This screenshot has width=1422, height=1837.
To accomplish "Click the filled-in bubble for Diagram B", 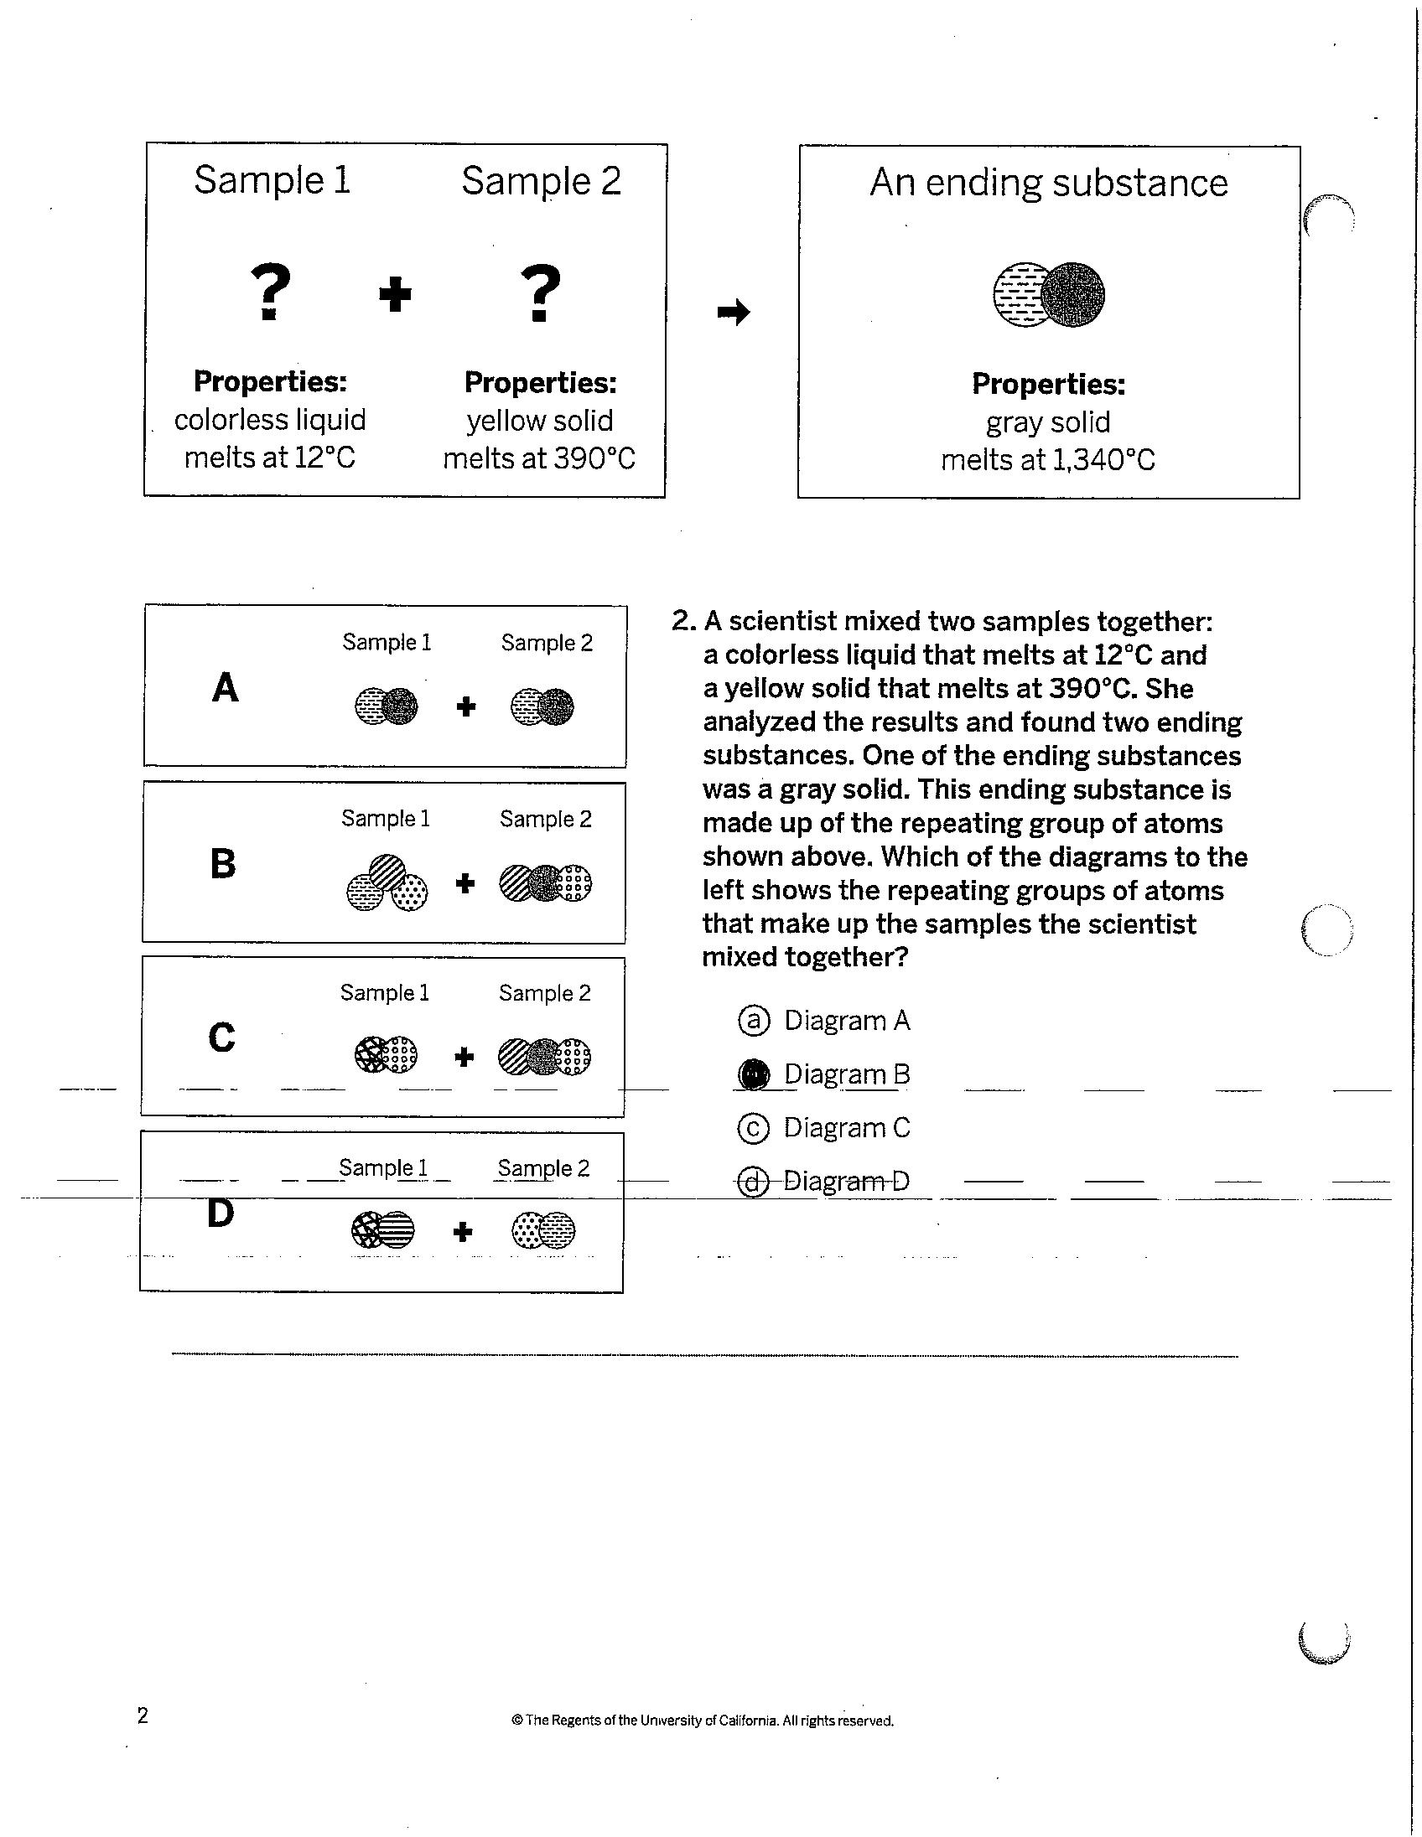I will [753, 1075].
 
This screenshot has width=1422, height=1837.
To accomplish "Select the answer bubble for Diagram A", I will [753, 1020].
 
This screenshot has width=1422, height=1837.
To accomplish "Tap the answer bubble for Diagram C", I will [753, 1128].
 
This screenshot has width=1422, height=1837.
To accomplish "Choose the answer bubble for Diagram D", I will [753, 1182].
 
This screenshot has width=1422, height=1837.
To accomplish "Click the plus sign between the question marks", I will [395, 295].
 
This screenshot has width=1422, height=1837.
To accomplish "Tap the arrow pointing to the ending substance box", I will [733, 313].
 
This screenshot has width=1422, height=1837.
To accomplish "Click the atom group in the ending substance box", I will [1049, 295].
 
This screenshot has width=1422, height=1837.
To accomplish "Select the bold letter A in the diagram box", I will [225, 687].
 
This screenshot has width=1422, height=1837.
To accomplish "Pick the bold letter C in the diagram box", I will [221, 1038].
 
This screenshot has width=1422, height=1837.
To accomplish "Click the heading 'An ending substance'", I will [1048, 183].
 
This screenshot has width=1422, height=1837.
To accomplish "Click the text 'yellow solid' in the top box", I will [539, 421].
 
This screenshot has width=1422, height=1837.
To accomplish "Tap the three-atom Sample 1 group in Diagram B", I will [387, 882].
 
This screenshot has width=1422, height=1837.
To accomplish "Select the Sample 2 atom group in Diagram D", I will [543, 1231].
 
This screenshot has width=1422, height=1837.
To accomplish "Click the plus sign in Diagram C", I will [464, 1057].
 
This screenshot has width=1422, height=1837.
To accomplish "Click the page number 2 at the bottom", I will [143, 1715].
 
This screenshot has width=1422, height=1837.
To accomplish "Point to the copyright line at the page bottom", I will [703, 1720].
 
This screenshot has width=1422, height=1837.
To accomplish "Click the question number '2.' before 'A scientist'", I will [684, 622].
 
